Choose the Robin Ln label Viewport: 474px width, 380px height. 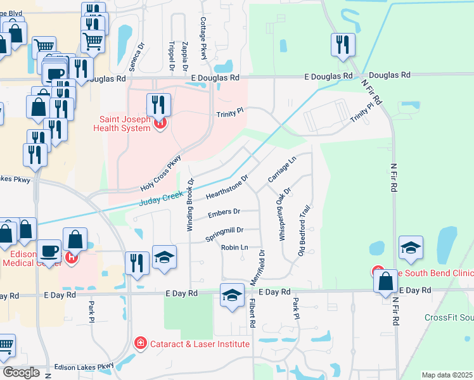pyautogui.click(x=233, y=247)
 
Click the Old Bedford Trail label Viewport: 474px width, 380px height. pyautogui.click(x=305, y=231)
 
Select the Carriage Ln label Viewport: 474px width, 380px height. pyautogui.click(x=282, y=170)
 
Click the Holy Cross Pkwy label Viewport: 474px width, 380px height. pyautogui.click(x=161, y=174)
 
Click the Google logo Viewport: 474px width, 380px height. pyautogui.click(x=21, y=372)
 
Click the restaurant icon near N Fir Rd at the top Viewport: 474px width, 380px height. pyautogui.click(x=342, y=44)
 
